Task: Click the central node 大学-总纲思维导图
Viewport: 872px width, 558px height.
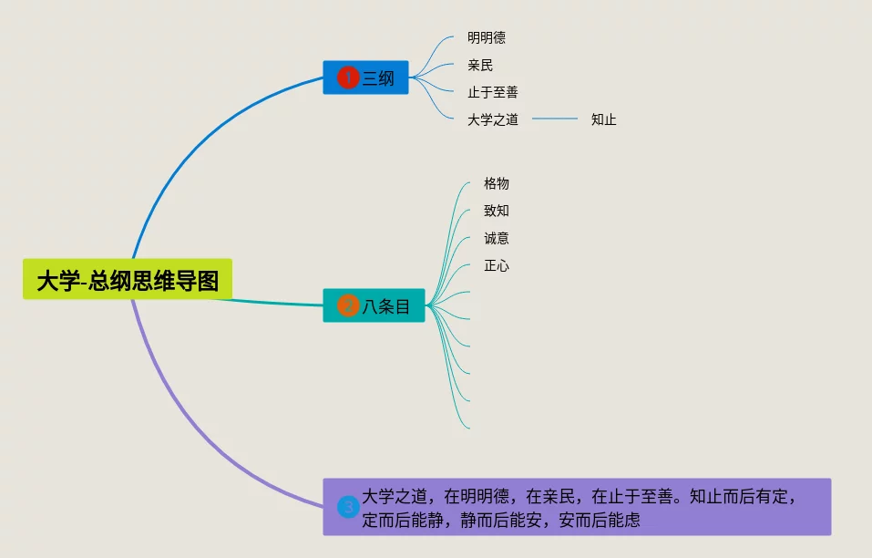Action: [x=128, y=280]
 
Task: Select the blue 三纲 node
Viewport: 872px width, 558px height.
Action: [x=365, y=77]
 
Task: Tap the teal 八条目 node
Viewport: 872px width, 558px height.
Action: [x=374, y=305]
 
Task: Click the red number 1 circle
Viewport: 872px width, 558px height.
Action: [x=347, y=77]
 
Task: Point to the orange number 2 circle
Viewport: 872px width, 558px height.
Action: [x=347, y=305]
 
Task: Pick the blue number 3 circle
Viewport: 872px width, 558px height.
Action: [x=347, y=507]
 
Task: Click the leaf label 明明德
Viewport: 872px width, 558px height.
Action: [x=487, y=38]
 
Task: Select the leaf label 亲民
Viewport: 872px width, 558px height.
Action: [x=480, y=66]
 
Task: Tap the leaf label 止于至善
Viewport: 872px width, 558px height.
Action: [x=493, y=92]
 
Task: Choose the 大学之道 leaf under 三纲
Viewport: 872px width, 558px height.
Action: [x=493, y=119]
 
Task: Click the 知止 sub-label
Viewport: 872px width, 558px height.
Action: [x=603, y=119]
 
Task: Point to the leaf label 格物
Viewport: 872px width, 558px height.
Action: [x=497, y=184]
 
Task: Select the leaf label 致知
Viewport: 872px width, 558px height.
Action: [x=497, y=212]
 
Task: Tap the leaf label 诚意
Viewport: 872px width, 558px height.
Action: [x=497, y=239]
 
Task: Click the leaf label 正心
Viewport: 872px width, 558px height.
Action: [x=497, y=266]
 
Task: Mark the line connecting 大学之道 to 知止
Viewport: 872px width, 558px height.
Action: [x=555, y=119]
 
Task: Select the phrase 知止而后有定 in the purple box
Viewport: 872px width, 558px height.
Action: [x=739, y=498]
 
